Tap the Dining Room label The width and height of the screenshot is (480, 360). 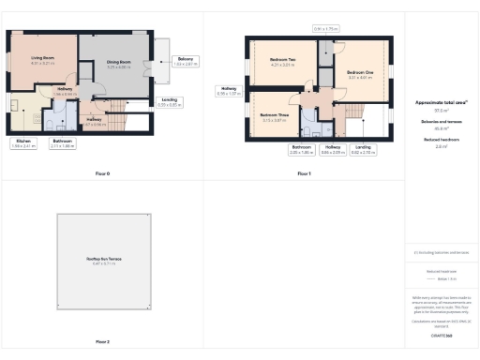click(x=118, y=64)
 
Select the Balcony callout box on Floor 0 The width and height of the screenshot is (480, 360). click(x=185, y=61)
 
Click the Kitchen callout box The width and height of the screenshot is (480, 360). click(x=23, y=143)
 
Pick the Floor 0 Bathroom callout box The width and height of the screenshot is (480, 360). click(x=63, y=143)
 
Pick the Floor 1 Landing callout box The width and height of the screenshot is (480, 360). click(x=363, y=148)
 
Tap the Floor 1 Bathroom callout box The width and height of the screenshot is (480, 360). click(x=301, y=148)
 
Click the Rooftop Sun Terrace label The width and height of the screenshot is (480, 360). click(x=103, y=260)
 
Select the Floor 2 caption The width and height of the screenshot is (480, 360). click(x=103, y=342)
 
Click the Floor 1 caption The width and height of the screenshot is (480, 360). click(x=304, y=173)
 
